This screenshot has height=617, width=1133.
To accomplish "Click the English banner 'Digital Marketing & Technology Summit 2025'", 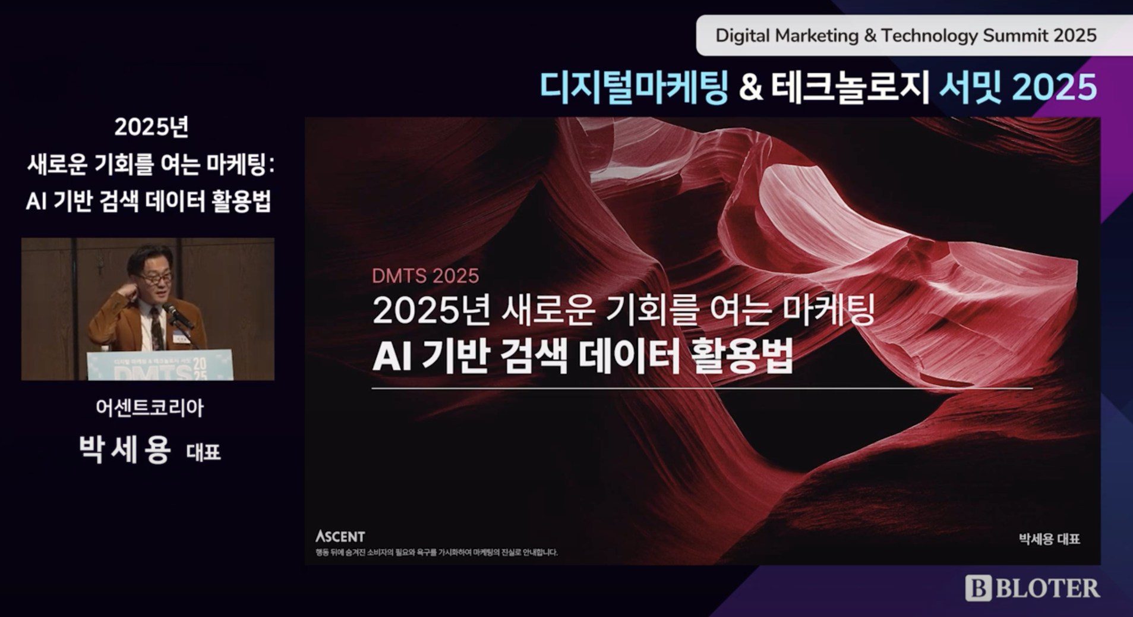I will pyautogui.click(x=905, y=36).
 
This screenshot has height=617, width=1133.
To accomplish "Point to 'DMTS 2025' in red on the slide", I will pyautogui.click(x=425, y=276).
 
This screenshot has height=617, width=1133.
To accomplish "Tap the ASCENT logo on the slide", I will pyautogui.click(x=340, y=537).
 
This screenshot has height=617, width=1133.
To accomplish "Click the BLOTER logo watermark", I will pyautogui.click(x=1033, y=588).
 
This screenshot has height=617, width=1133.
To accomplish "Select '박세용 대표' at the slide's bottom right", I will pyautogui.click(x=1049, y=539).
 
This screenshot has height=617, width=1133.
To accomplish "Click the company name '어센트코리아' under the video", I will pyautogui.click(x=150, y=408).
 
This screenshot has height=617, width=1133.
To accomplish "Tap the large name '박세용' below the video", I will pyautogui.click(x=125, y=449).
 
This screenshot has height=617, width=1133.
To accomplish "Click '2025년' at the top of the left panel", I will pyautogui.click(x=152, y=127).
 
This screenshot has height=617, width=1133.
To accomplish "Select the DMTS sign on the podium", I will pyautogui.click(x=160, y=366).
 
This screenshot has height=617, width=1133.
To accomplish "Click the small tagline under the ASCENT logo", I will pyautogui.click(x=437, y=552).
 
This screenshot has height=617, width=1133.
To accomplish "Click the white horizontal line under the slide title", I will pyautogui.click(x=701, y=388).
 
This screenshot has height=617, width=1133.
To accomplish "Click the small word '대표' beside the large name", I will pyautogui.click(x=203, y=453).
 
